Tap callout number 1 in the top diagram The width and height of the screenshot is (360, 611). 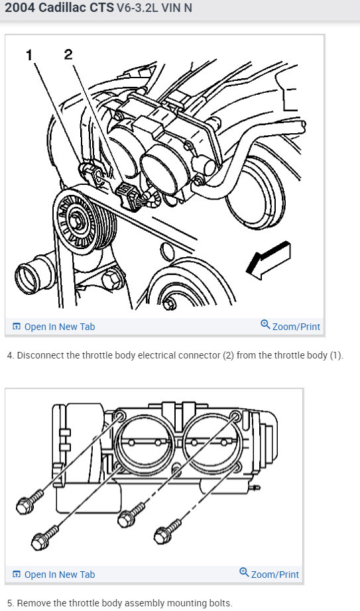[29, 56]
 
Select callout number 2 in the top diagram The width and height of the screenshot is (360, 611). [68, 54]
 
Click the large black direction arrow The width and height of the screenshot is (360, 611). [269, 260]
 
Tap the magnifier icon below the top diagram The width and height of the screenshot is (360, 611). [265, 324]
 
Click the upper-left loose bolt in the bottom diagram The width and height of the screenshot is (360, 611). [29, 501]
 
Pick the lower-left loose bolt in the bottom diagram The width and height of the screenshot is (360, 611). [44, 537]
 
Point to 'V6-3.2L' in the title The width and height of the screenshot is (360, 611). [137, 8]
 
